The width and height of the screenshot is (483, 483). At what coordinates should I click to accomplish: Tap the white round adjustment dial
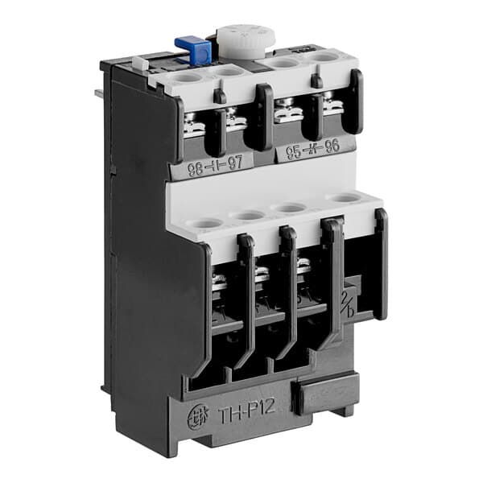pos(238,39)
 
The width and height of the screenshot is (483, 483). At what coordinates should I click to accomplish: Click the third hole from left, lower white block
pos(295,208)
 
